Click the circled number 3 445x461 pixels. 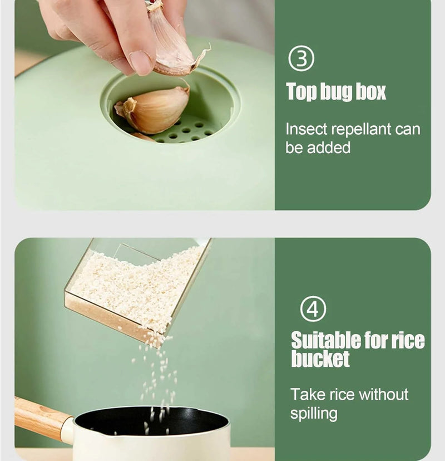(301, 58)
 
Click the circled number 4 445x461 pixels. (313, 308)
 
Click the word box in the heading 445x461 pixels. (370, 91)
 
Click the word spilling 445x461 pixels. (314, 413)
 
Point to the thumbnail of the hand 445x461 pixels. (141, 62)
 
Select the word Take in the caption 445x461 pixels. (308, 394)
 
